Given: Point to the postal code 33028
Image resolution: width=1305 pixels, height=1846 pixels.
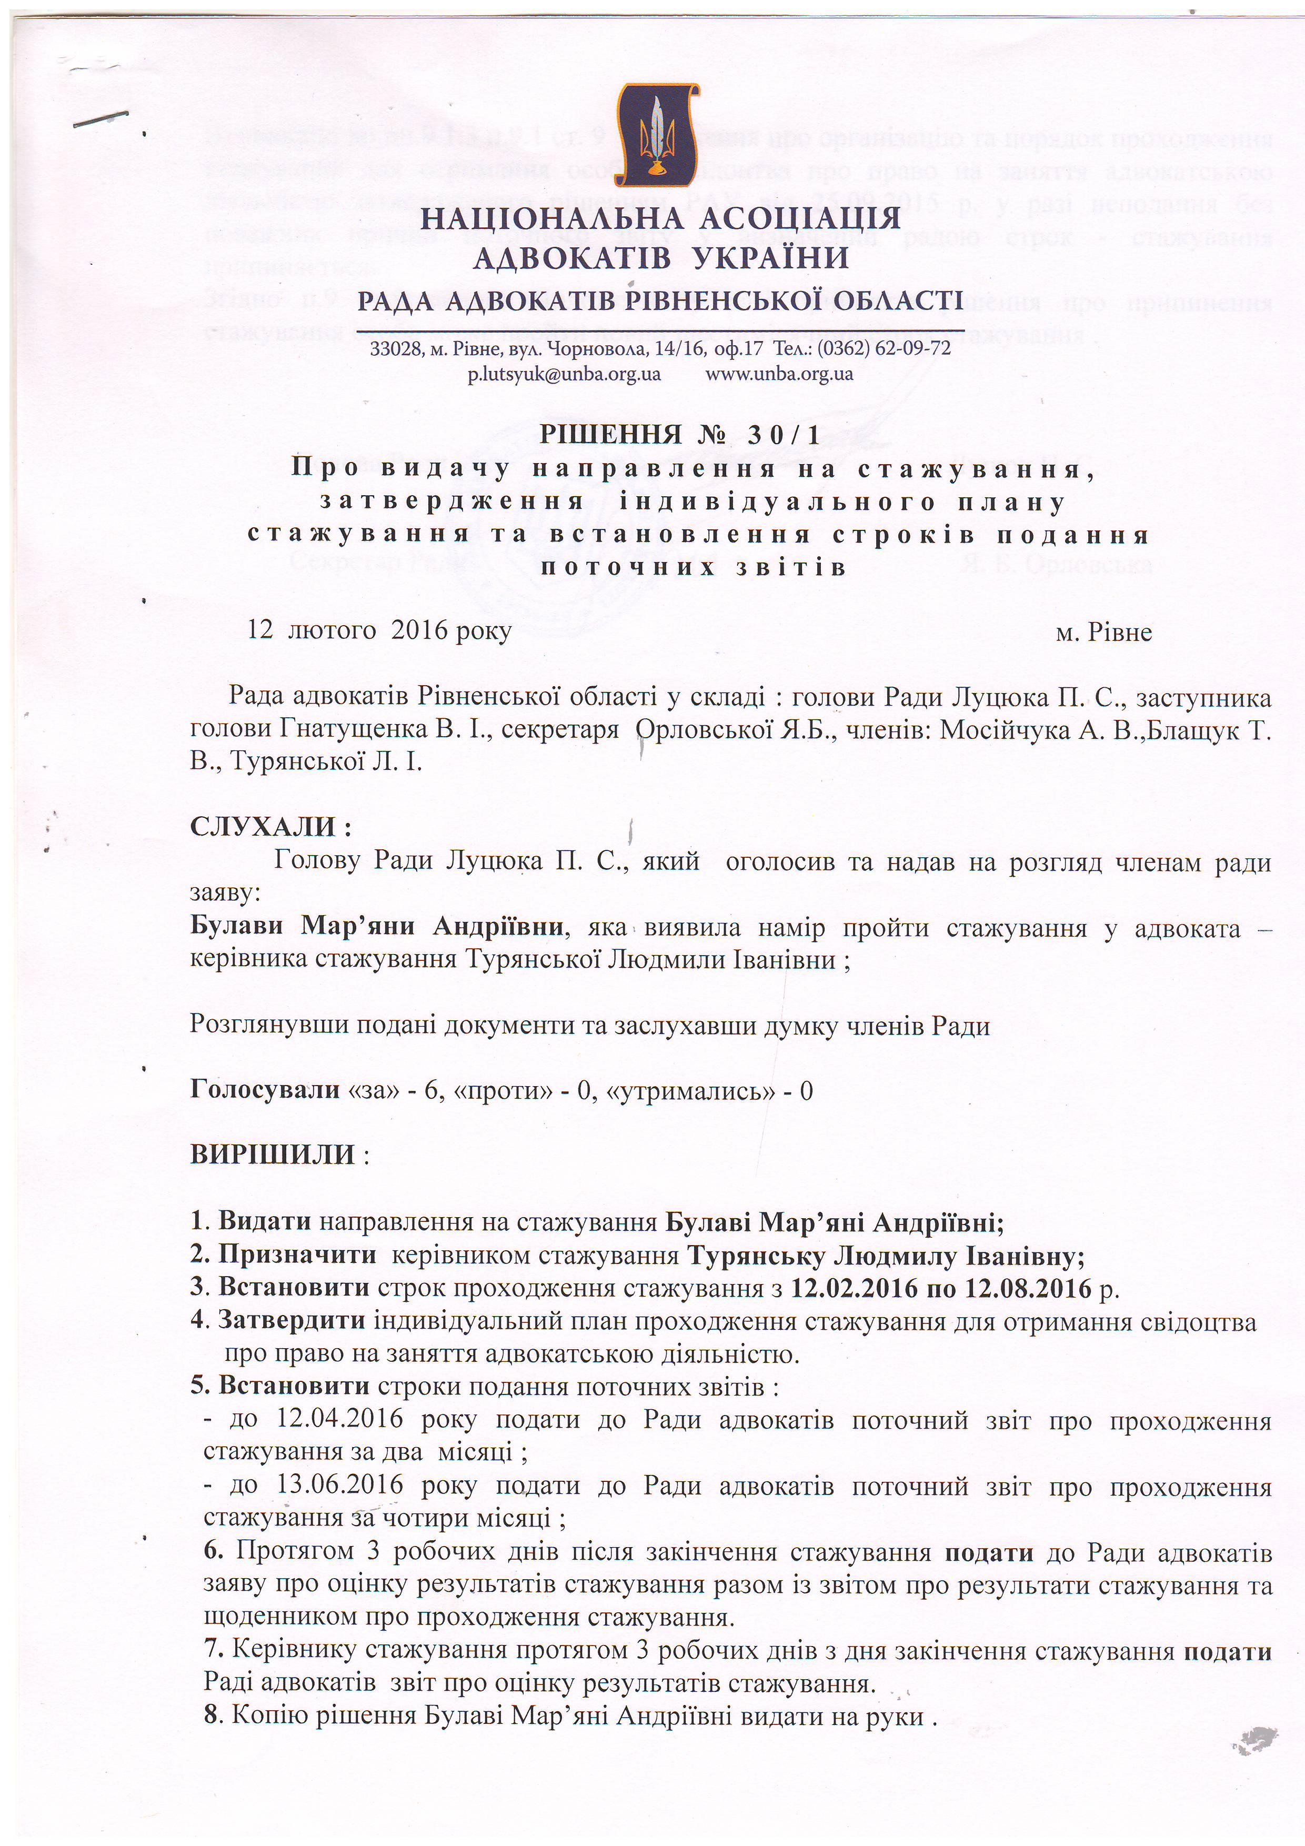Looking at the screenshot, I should (x=391, y=349).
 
